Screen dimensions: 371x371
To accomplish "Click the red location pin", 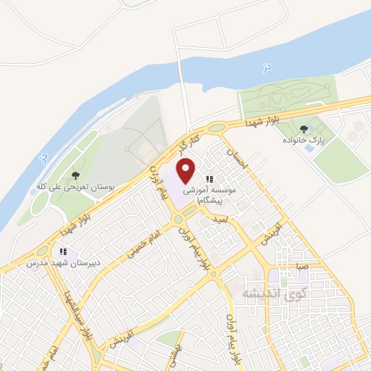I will click(x=186, y=171).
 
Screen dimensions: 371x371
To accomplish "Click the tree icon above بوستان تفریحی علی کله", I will click(x=76, y=175).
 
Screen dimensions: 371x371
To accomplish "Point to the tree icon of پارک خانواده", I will click(x=314, y=129).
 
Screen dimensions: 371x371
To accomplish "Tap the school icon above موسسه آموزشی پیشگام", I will click(x=209, y=178).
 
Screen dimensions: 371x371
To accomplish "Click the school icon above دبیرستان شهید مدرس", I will click(x=64, y=252).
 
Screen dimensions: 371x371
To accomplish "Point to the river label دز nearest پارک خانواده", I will click(x=267, y=67).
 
